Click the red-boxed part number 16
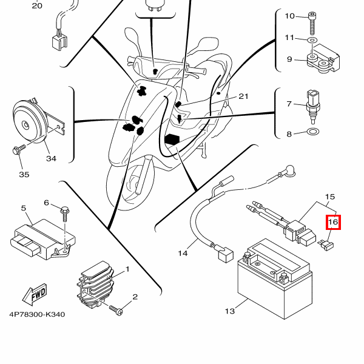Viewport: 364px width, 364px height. (x=333, y=222)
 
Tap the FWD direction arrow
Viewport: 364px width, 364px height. (x=35, y=294)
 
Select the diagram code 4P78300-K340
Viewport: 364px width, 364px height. (x=37, y=314)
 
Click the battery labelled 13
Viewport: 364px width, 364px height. (x=275, y=278)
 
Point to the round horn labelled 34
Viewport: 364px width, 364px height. (x=30, y=121)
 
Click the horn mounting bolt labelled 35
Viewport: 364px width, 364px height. (x=19, y=149)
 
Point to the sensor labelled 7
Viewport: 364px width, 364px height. (x=313, y=106)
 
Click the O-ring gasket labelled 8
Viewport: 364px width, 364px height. (x=312, y=132)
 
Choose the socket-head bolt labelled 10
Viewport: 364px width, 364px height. (x=312, y=23)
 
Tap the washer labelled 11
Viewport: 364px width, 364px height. (x=312, y=41)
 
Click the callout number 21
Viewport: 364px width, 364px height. (x=243, y=96)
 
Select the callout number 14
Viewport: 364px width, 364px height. (x=183, y=253)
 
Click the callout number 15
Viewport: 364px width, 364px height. (x=330, y=197)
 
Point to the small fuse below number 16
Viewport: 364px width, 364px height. (x=326, y=245)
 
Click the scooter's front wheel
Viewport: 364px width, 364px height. (x=130, y=183)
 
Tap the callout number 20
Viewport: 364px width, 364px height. (x=37, y=5)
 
